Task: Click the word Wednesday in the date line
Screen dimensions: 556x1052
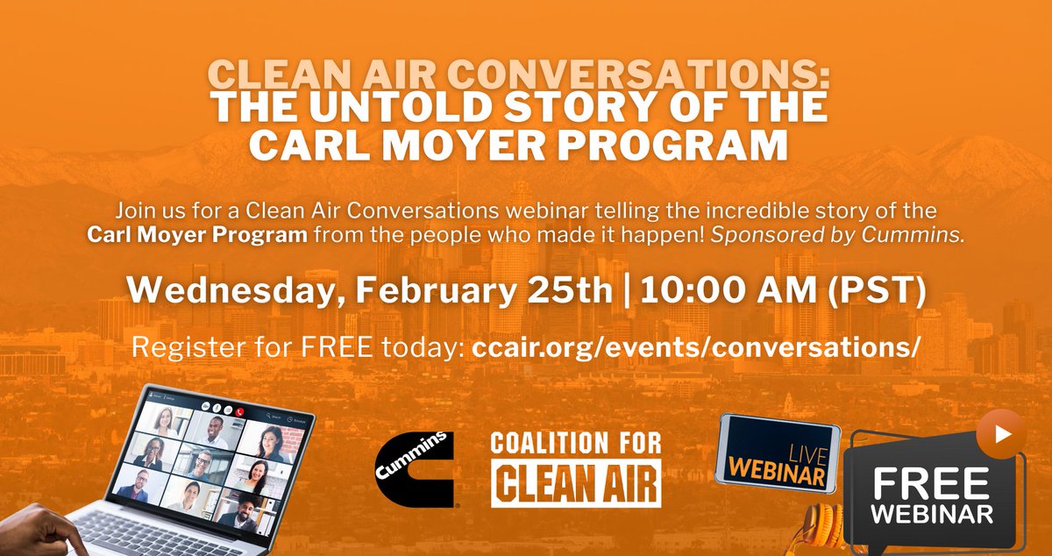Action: [x=225, y=291]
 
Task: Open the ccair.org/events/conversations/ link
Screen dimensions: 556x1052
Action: [x=696, y=346]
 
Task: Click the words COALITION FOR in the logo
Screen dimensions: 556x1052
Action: [x=575, y=444]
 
